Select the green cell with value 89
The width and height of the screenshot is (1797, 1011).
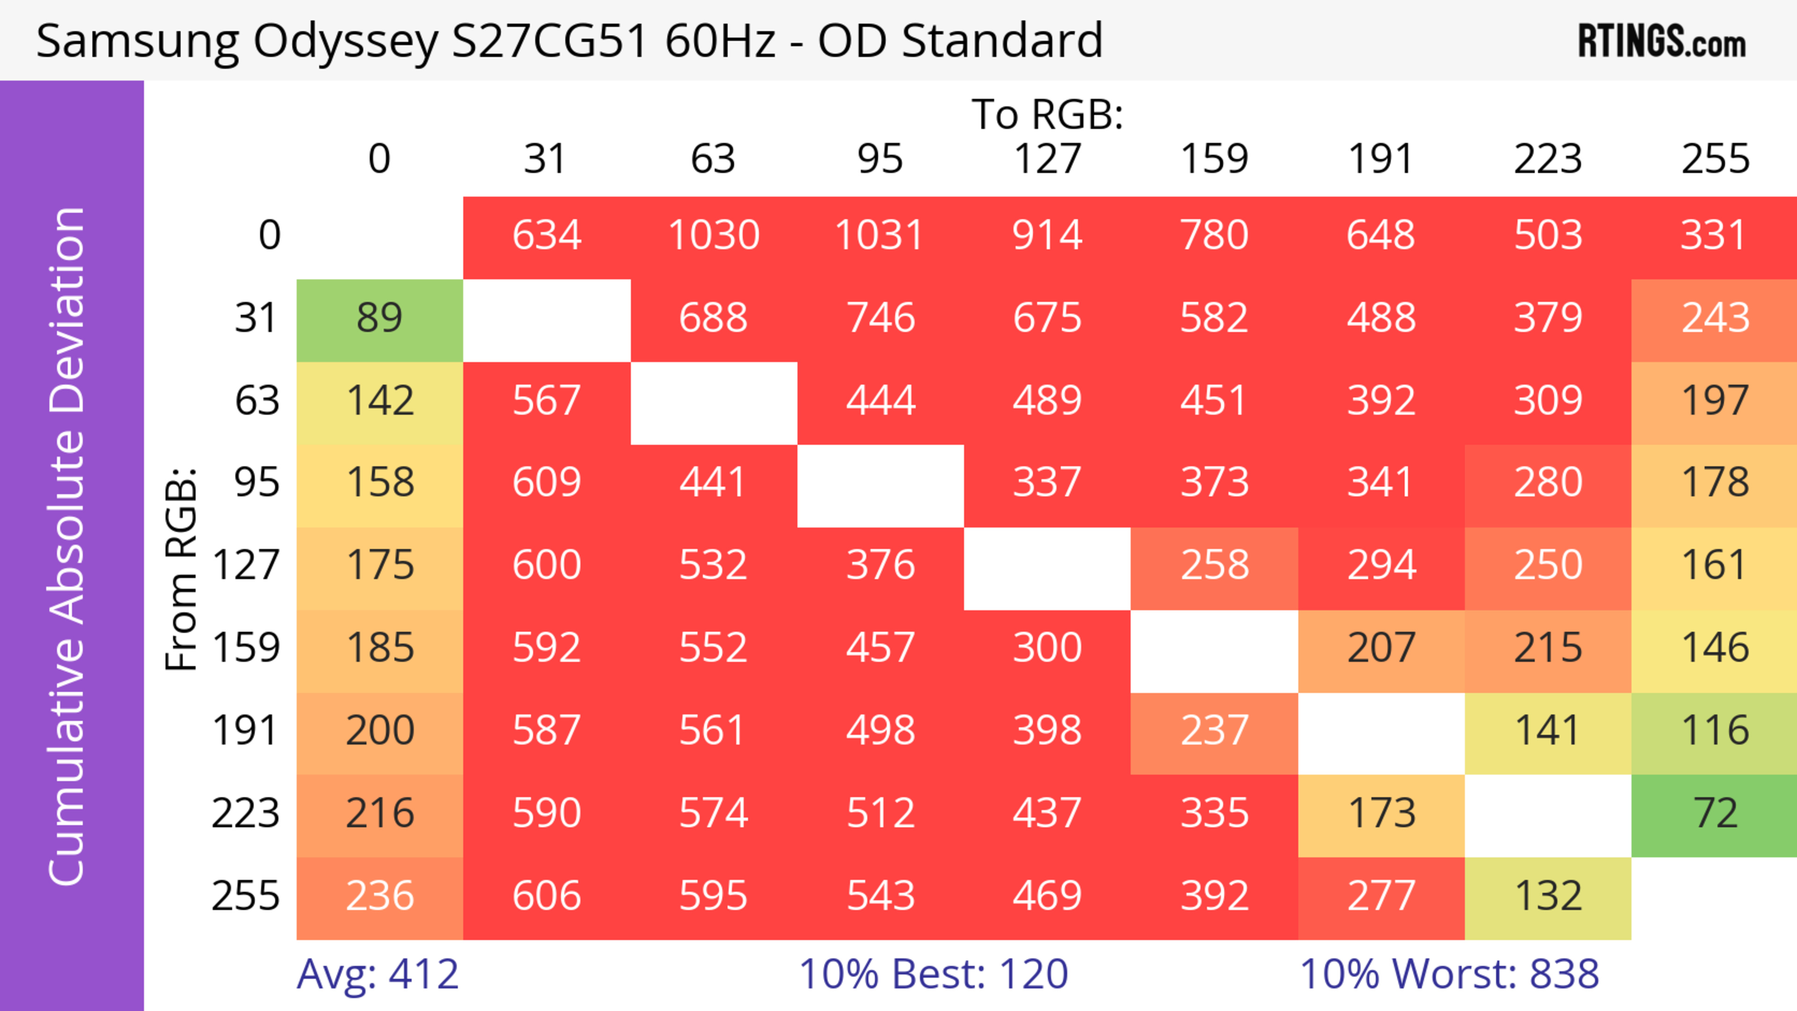click(380, 318)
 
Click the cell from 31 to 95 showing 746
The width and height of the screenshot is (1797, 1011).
click(880, 318)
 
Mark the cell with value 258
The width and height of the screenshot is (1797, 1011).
click(1214, 565)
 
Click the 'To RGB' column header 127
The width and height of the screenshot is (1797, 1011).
click(1047, 159)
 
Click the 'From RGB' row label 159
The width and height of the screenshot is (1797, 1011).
click(246, 648)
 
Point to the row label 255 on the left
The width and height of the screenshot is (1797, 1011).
click(246, 896)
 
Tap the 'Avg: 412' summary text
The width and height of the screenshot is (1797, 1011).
click(377, 974)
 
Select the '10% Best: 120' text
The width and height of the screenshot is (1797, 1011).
click(934, 974)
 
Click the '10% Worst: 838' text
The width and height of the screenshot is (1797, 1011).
click(1449, 974)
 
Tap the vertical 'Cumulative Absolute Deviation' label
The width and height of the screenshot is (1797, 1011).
click(68, 546)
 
